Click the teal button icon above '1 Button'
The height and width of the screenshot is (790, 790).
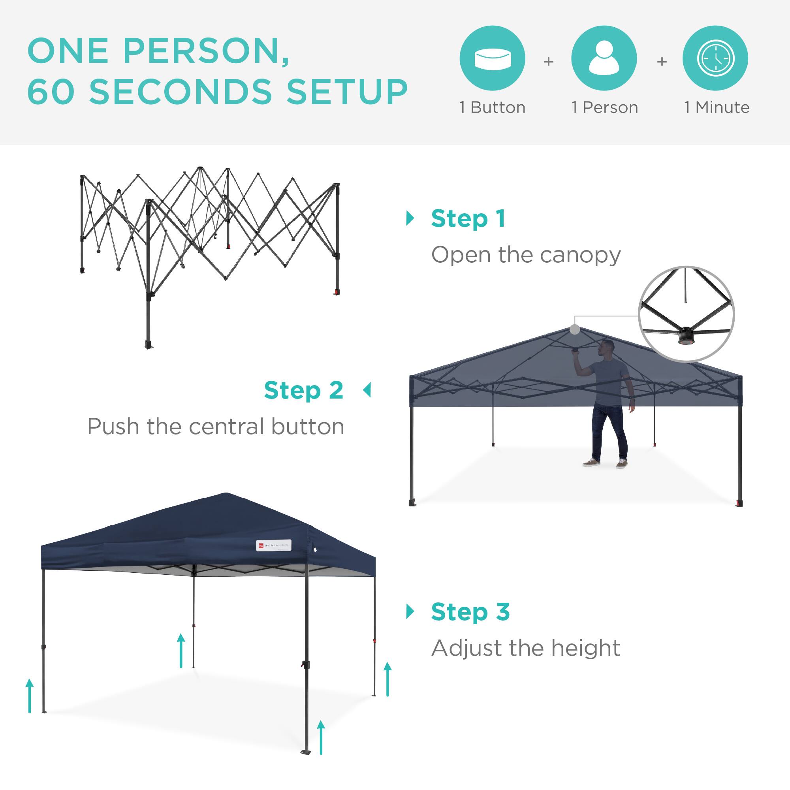[492, 58]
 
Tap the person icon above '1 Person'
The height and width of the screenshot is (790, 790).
[604, 58]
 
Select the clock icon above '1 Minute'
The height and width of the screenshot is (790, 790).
[715, 58]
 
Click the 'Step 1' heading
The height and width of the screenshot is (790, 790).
[468, 218]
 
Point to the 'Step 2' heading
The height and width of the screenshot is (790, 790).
[303, 390]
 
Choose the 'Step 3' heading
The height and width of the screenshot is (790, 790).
[470, 612]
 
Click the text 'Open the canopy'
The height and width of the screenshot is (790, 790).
[526, 255]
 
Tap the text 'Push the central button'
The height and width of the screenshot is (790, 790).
[216, 427]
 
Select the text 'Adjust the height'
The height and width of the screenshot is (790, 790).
[526, 648]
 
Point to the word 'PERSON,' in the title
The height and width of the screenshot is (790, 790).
[206, 51]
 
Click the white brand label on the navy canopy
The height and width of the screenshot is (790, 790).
[274, 545]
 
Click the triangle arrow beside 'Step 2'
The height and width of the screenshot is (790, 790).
[367, 390]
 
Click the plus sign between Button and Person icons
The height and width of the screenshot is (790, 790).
[548, 62]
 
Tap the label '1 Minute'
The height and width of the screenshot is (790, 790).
[717, 107]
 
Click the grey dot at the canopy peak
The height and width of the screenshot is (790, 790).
[574, 329]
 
